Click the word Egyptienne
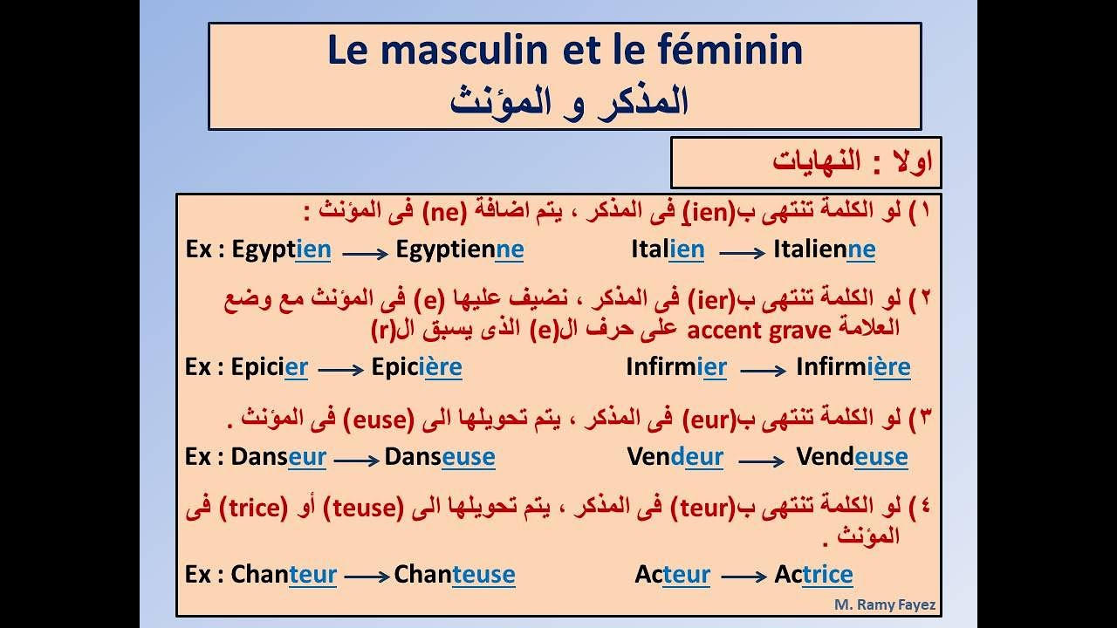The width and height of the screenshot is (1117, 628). coord(460,250)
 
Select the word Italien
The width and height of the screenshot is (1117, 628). coord(668,250)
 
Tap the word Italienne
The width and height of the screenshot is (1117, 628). coord(824,250)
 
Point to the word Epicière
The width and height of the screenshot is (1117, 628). coord(416,367)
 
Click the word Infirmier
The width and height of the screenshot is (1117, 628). coord(676,367)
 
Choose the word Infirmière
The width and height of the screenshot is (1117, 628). coord(853,367)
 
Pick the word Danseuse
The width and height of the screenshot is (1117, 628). coord(440,457)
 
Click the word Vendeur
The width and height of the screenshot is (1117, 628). coord(675,457)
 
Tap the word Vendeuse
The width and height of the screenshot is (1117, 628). coord(852,457)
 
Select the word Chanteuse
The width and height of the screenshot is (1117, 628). coord(455,575)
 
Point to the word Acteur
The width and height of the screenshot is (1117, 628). coord(672,575)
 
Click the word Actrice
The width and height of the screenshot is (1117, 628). coord(813,575)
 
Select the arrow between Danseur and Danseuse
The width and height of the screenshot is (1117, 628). coord(355,460)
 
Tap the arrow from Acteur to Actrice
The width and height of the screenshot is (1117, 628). coord(743,577)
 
